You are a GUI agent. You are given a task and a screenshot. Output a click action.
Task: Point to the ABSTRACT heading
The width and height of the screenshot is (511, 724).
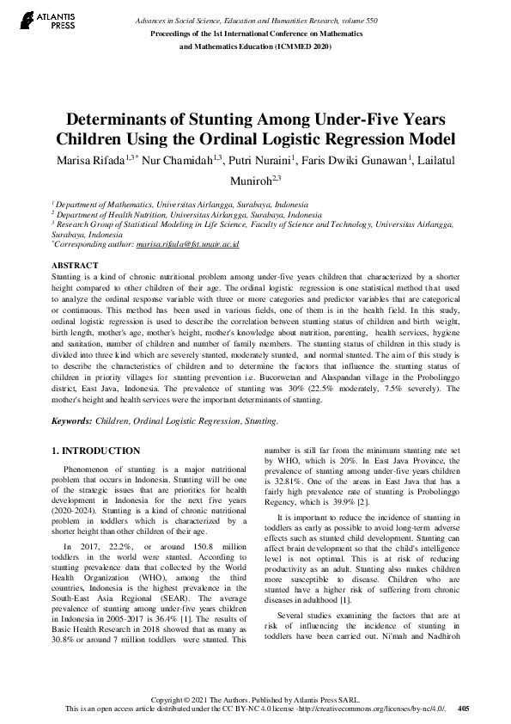tap(75, 266)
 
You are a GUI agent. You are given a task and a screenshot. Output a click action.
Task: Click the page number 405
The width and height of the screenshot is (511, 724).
tap(463, 709)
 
